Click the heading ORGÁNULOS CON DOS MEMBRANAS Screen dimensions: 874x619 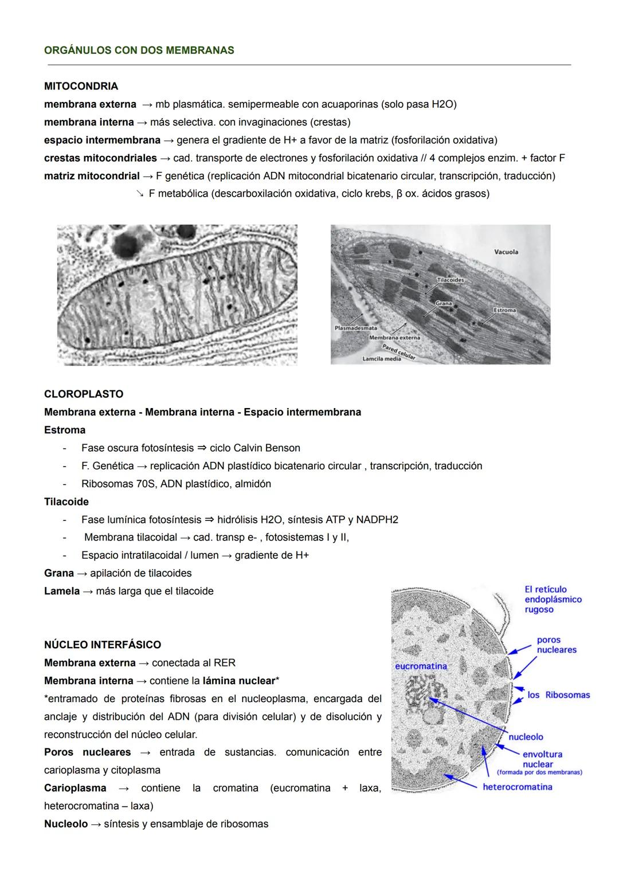(139, 50)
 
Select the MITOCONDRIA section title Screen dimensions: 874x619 (81, 87)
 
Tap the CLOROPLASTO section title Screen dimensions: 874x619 (84, 394)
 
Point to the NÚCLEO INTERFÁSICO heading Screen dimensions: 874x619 (103, 645)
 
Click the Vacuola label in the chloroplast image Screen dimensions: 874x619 (506, 252)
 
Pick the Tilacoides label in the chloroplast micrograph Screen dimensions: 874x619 (450, 280)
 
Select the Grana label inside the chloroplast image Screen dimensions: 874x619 (443, 303)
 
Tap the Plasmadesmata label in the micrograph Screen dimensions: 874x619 (355, 328)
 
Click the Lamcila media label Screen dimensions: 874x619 (381, 359)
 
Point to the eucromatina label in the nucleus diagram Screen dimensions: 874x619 (421, 666)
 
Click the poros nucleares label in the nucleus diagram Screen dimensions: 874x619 (556, 645)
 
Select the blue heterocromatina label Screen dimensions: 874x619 (517, 787)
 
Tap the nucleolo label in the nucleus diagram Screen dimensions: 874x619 (526, 737)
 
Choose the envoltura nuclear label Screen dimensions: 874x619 (542, 759)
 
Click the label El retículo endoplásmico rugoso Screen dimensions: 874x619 (553, 599)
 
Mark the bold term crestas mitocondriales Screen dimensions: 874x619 (100, 158)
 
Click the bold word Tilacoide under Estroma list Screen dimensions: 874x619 (66, 502)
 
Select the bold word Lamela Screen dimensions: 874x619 (62, 591)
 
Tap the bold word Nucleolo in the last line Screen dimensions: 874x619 (66, 824)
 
